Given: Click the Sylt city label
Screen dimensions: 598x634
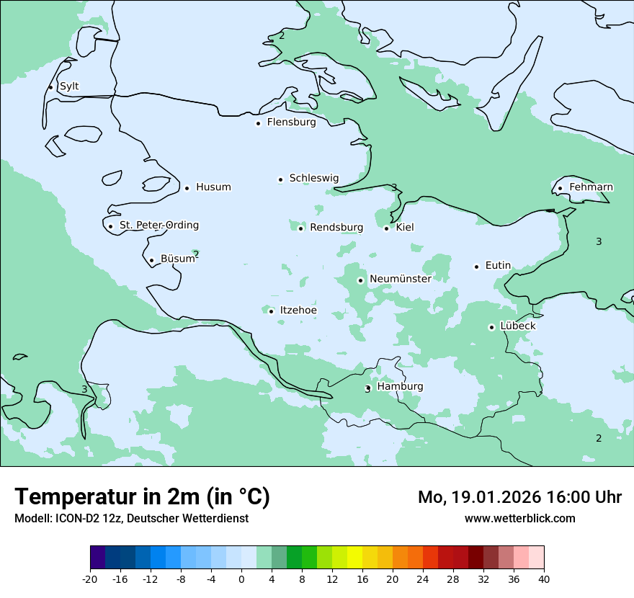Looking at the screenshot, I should (x=69, y=86).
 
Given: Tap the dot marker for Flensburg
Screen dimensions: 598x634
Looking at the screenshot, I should (x=258, y=123).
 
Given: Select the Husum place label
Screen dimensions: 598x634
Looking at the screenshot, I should (x=213, y=187).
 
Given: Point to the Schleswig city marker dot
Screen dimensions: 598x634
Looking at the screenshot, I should (x=280, y=179).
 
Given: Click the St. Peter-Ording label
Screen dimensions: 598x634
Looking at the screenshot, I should (x=158, y=226).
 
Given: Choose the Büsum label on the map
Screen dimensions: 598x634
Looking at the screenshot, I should (x=177, y=259).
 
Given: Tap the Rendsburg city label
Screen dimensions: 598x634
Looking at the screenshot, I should (x=336, y=228).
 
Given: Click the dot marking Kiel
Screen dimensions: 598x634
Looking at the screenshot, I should (x=386, y=228).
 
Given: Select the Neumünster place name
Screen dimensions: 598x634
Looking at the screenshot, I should (x=401, y=279).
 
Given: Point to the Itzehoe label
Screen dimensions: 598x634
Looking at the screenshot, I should (x=298, y=311).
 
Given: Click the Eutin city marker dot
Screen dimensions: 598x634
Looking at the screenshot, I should (x=476, y=267).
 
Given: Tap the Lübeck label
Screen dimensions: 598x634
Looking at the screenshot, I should (x=518, y=326).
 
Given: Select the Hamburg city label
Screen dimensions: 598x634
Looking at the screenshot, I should (x=400, y=387).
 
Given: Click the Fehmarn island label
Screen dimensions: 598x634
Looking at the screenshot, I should (x=591, y=187).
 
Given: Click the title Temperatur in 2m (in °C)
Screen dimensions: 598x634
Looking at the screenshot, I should (x=142, y=497).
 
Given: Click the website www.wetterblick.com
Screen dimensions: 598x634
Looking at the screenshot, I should (x=519, y=519).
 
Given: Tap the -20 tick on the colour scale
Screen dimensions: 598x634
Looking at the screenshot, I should (x=90, y=579).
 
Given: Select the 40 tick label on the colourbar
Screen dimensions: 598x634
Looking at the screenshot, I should (x=544, y=579).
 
